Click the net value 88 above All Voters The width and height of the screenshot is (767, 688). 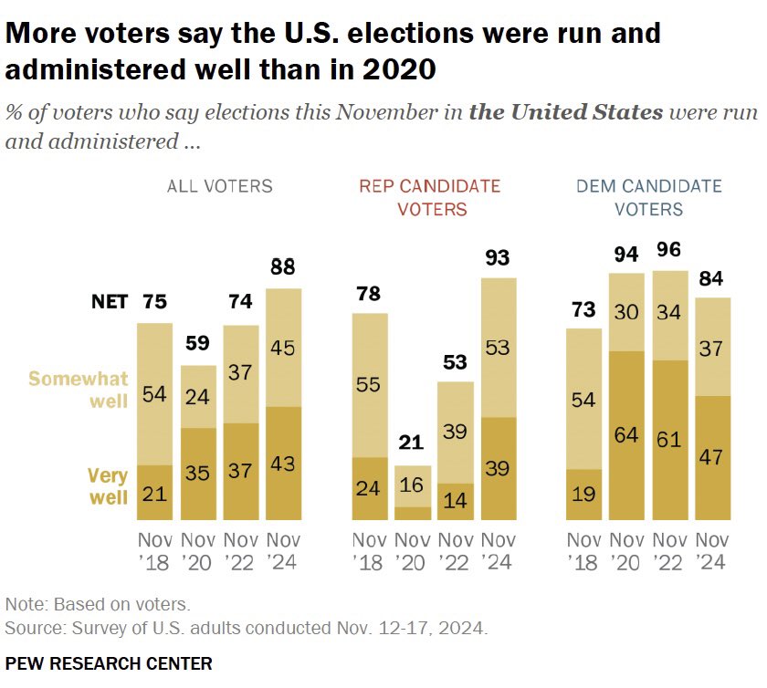283,267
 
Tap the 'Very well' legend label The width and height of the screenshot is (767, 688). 107,485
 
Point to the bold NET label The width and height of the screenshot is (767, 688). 110,302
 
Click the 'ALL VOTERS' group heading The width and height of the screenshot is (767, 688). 219,186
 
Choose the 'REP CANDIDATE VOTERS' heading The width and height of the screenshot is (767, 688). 429,197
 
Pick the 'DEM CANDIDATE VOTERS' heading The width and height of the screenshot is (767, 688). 648,197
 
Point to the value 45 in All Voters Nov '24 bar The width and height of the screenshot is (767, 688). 283,348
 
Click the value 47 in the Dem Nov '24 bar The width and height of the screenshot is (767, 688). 713,455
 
